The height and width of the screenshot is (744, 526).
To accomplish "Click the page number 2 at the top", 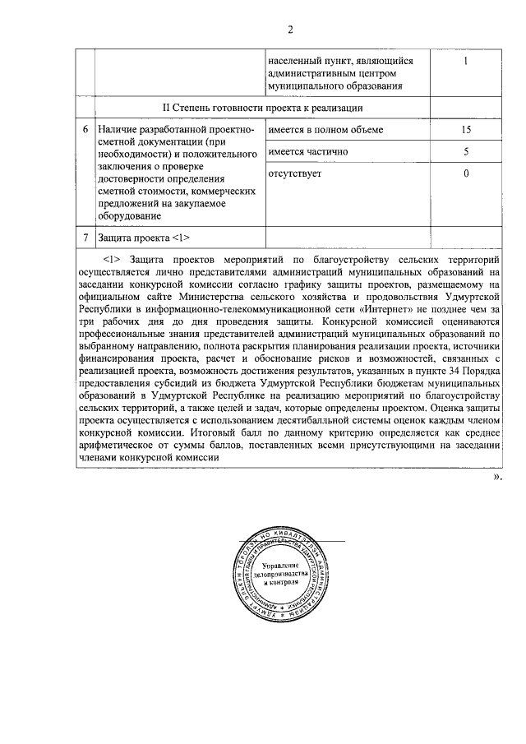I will click(289, 31).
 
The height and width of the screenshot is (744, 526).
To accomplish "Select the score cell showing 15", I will click(465, 130).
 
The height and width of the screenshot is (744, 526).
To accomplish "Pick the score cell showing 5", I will click(465, 152).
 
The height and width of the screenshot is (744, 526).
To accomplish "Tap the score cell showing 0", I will click(465, 174).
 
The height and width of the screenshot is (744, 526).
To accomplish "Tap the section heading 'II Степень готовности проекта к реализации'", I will click(262, 108).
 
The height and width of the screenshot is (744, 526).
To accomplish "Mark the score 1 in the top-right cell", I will click(465, 61).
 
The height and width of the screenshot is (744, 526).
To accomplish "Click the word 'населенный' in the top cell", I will click(295, 61).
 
